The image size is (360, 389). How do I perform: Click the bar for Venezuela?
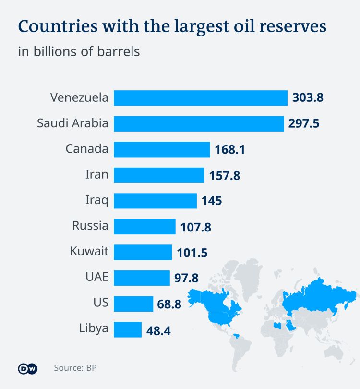pyautogui.click(x=201, y=98)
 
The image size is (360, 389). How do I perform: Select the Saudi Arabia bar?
pyautogui.click(x=199, y=124)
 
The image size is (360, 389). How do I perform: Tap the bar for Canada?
pyautogui.click(x=162, y=149)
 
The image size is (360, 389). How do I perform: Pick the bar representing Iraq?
pyautogui.click(x=155, y=201)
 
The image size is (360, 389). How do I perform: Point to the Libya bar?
pyautogui.click(x=128, y=330)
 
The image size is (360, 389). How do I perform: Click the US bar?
pyautogui.click(x=133, y=304)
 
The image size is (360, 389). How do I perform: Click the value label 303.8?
pyautogui.click(x=308, y=98)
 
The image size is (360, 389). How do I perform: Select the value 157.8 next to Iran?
pyautogui.click(x=225, y=175)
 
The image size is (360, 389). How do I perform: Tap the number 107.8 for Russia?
pyautogui.click(x=195, y=227)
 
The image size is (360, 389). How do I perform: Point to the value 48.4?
pyautogui.click(x=159, y=330)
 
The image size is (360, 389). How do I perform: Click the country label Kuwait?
pyautogui.click(x=89, y=251)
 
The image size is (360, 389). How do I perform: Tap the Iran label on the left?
pyautogui.click(x=96, y=174)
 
